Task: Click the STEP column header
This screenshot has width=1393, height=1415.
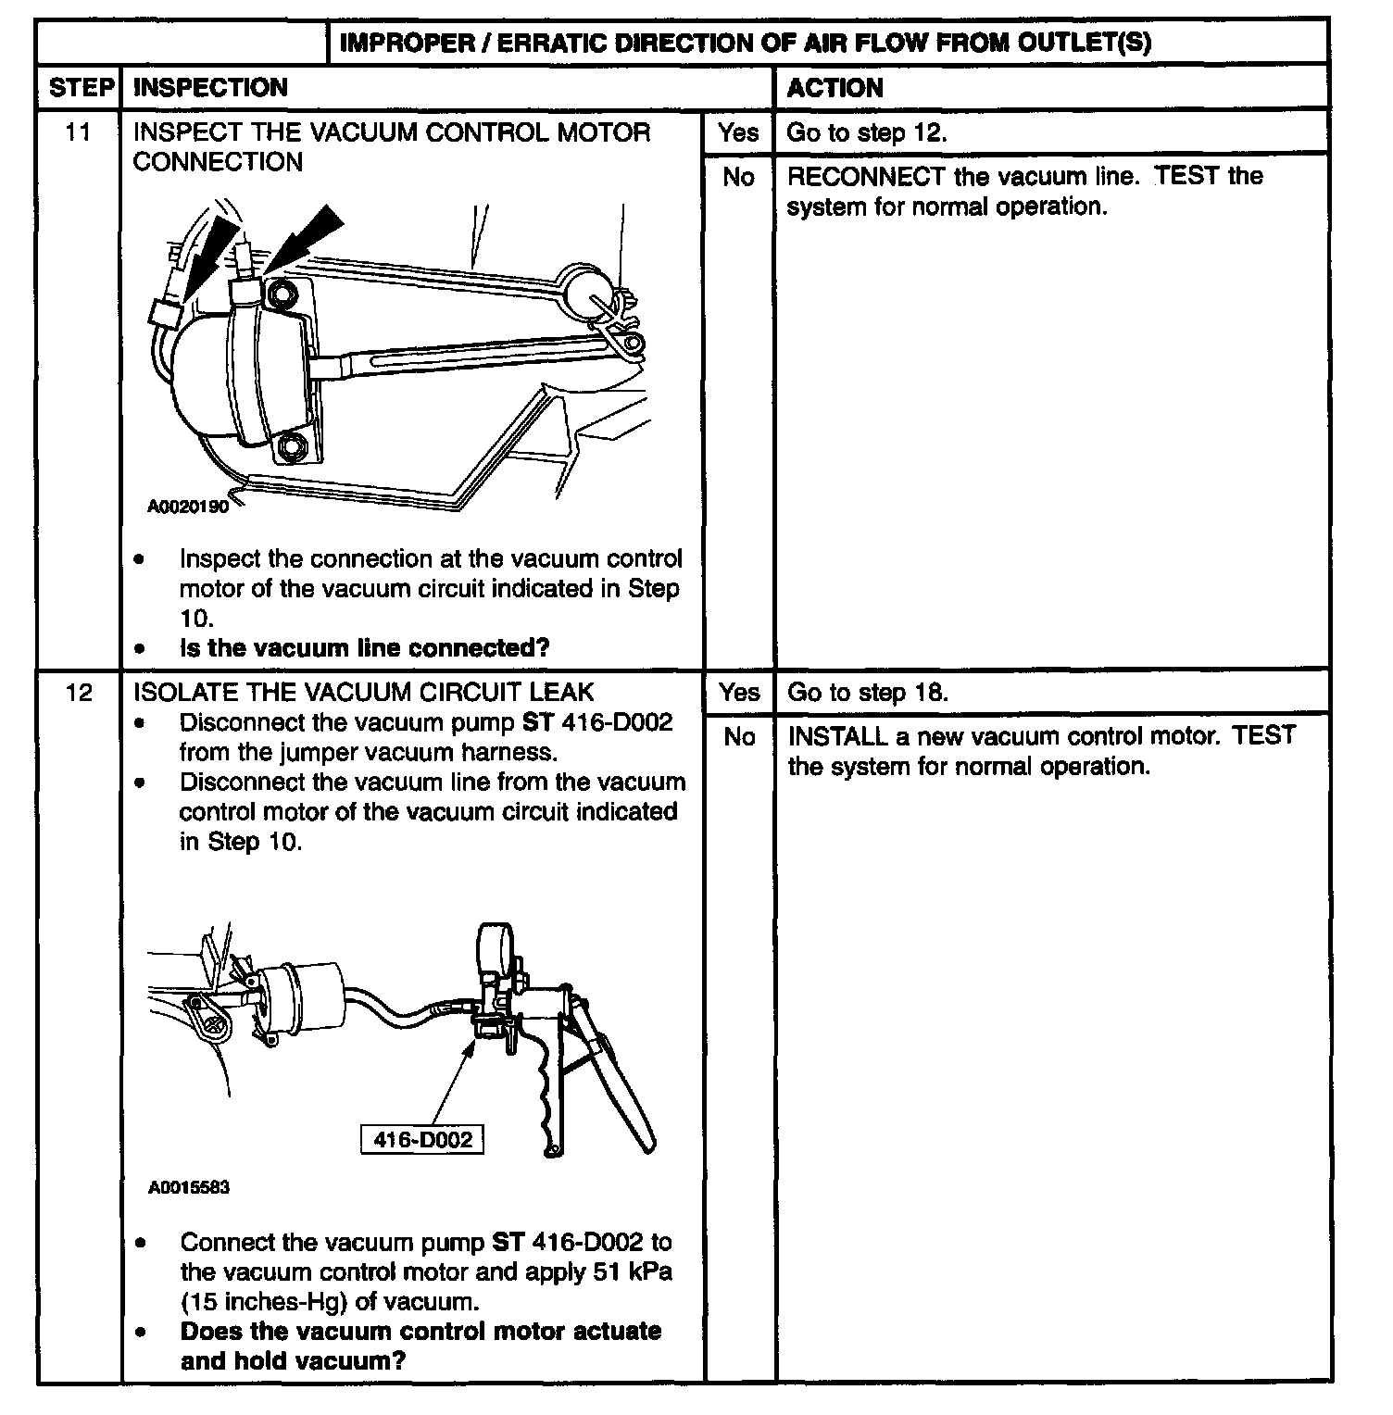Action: [x=79, y=88]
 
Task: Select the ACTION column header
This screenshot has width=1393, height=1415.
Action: [x=835, y=88]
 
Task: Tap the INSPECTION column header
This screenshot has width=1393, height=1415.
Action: [x=210, y=88]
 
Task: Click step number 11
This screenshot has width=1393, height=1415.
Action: [x=79, y=132]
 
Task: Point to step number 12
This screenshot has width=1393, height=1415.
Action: [x=79, y=693]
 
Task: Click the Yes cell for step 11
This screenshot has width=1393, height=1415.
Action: [x=738, y=132]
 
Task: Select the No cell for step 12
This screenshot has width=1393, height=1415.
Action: [x=739, y=737]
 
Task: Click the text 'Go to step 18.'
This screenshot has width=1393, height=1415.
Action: [x=867, y=693]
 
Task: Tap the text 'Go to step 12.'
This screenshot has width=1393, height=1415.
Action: [x=867, y=132]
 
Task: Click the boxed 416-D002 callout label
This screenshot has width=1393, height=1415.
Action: [x=422, y=1139]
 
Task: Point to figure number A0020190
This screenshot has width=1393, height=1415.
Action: [x=188, y=507]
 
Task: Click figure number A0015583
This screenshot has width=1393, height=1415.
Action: [x=188, y=1187]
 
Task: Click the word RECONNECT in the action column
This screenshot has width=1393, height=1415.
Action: [x=866, y=176]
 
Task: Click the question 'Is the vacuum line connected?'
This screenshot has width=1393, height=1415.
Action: [x=364, y=647]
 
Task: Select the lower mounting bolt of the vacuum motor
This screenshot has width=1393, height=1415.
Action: [x=295, y=446]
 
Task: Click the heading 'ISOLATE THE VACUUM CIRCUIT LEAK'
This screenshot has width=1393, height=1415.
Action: [x=363, y=693]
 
